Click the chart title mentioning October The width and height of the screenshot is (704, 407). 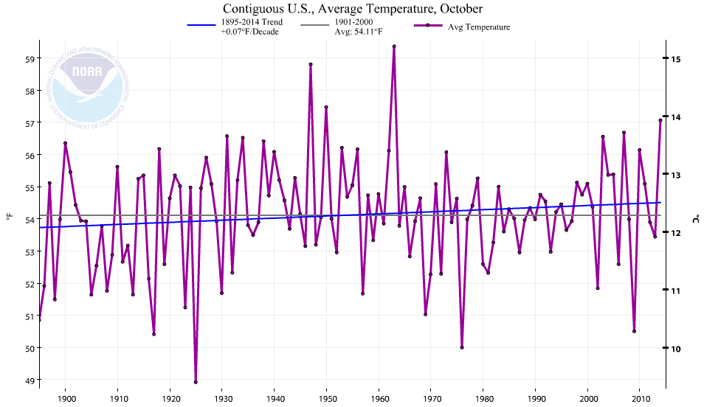coord(352,9)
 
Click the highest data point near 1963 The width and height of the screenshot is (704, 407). coord(394,46)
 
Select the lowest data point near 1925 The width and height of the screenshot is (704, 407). coord(196,382)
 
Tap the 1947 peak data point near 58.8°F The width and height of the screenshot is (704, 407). coord(311,64)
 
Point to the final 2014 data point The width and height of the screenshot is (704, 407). coord(660,120)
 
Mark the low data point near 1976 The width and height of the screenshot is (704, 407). coord(462,347)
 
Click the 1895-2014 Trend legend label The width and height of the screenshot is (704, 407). coord(252,27)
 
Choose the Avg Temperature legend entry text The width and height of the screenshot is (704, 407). coord(479,27)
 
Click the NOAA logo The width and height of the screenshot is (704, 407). coord(89,83)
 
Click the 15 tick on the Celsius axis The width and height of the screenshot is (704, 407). coord(675,58)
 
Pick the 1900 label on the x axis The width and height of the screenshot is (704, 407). coord(66,397)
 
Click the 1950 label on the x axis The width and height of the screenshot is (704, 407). coord(326,397)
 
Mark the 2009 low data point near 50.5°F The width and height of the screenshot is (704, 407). coord(634,331)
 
